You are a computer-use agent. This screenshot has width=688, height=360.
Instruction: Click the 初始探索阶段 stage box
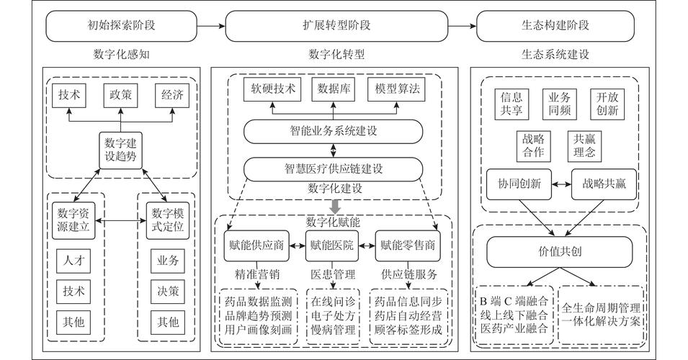(121, 26)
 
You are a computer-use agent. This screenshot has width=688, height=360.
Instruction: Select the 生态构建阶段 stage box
(555, 26)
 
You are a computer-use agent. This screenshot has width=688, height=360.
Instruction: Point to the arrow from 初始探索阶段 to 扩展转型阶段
(211, 26)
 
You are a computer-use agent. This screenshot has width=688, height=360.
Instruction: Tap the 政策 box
(120, 95)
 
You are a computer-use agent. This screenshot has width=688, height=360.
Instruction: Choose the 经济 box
(172, 95)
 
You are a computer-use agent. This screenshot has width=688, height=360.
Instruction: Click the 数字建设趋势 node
(120, 150)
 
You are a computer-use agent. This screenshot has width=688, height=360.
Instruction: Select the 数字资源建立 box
(73, 220)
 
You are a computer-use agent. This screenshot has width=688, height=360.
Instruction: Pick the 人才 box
(73, 261)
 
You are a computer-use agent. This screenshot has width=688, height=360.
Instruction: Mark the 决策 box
(168, 292)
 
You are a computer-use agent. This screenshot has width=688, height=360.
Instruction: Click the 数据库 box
(334, 89)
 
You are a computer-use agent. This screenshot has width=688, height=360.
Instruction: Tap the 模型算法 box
(397, 89)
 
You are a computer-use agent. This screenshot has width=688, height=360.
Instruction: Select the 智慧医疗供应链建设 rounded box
(333, 169)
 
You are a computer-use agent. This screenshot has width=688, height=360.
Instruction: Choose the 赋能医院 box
(331, 246)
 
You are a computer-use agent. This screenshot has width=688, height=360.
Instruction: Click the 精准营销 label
(257, 275)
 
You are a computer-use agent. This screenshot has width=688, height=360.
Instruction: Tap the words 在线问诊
(333, 302)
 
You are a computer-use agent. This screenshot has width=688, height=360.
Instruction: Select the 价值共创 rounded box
(560, 252)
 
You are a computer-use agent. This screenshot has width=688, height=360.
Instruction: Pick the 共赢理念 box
(584, 146)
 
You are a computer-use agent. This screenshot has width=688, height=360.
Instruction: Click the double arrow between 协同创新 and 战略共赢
(562, 184)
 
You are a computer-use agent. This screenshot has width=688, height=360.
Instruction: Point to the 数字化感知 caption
(121, 55)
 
